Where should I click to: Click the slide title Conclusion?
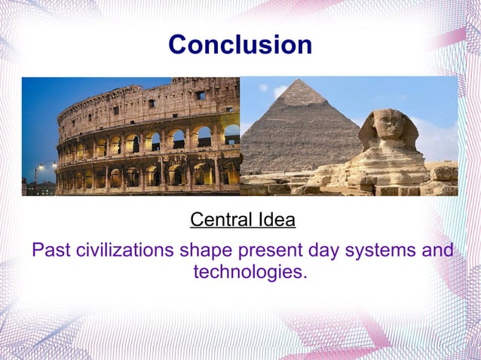tap(240, 44)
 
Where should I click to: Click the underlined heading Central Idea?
tap(242, 221)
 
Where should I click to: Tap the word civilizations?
tap(125, 250)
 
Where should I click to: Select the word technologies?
tap(250, 271)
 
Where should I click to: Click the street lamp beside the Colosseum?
tap(38, 167)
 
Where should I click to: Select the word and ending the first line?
tap(438, 250)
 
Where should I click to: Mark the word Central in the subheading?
tap(218, 221)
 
